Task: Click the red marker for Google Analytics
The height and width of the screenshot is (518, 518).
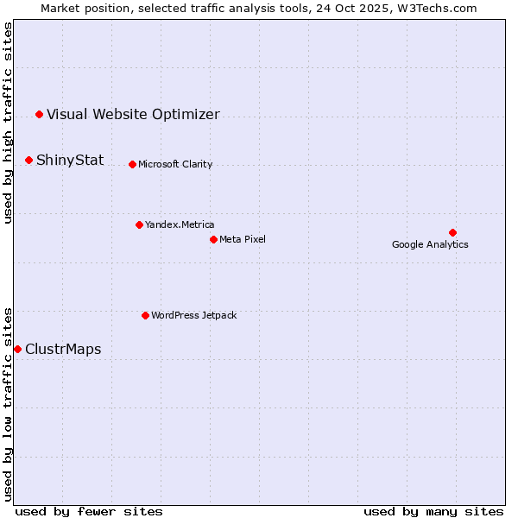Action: pos(452,232)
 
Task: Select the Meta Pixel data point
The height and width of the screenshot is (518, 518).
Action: pos(213,239)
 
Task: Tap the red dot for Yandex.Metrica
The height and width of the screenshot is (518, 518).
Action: pos(139,224)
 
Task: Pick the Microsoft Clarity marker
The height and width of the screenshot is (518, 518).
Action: pos(132,164)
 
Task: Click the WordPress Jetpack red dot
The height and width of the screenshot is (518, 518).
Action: pos(145,315)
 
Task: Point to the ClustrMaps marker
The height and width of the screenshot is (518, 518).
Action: pos(17,349)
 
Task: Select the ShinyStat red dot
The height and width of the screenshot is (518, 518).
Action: pos(28,160)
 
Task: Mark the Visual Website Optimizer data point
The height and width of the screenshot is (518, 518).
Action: pos(39,114)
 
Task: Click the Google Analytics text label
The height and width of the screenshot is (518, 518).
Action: pos(430,244)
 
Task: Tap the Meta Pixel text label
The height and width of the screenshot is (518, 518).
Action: pos(243,239)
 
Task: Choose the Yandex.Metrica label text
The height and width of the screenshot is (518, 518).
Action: pos(180,224)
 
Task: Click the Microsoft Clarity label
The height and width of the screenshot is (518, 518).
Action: pos(175,164)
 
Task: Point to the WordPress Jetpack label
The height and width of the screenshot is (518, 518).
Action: pos(193,315)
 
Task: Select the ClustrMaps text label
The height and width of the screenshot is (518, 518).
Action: pos(63,349)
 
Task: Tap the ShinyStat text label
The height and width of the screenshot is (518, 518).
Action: pos(70,160)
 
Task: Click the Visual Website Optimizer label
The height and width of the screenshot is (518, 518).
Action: pos(133,114)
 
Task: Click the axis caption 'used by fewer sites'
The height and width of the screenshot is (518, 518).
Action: pos(89,511)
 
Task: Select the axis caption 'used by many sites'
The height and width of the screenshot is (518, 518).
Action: pos(433,511)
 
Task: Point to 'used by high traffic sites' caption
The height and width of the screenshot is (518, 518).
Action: pos(8,123)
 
